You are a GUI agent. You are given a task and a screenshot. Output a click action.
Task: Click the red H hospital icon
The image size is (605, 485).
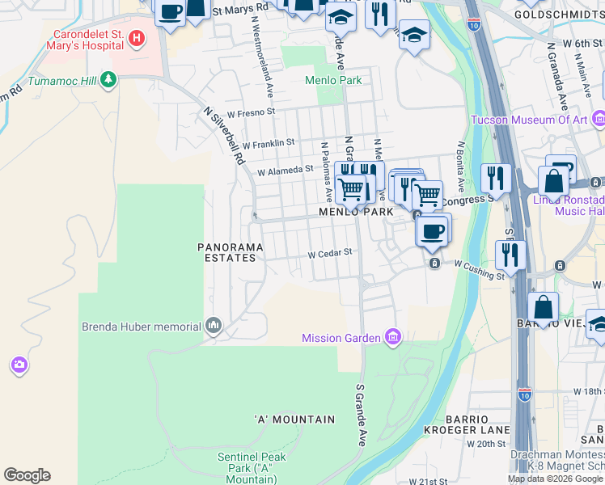[137, 38]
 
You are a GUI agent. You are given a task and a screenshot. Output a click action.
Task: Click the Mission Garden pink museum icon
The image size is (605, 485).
[393, 337]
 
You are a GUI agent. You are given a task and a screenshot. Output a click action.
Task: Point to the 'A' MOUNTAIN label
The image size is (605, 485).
[294, 420]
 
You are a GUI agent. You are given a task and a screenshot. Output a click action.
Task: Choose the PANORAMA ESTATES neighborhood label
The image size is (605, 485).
[227, 252]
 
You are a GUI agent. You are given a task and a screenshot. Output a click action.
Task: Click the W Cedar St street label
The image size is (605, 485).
[330, 253]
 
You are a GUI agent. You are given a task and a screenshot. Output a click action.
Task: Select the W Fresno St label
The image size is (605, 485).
[251, 112]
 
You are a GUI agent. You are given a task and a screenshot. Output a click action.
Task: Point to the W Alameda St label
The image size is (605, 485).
[285, 171]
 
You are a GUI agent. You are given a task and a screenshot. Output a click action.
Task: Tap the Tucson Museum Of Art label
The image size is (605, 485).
[528, 120]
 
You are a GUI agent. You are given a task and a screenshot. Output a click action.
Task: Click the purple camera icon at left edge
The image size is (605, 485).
[19, 366]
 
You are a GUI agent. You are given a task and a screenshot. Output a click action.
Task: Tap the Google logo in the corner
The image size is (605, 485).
[27, 475]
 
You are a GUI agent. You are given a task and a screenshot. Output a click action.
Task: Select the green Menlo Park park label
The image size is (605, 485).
[332, 80]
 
